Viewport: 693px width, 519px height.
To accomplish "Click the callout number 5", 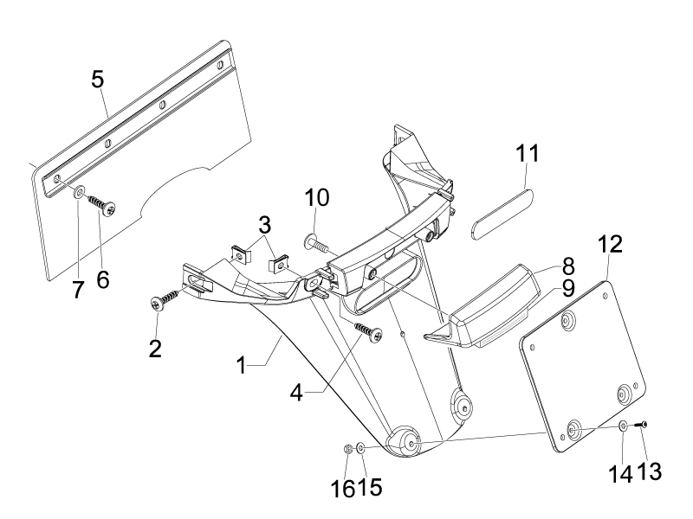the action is click(98, 80).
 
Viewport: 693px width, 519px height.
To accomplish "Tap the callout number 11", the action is click(528, 154).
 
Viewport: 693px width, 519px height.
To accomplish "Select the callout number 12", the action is click(611, 244).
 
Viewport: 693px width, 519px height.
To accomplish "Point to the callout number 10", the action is click(317, 198).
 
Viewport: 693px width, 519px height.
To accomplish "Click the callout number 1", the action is click(242, 366).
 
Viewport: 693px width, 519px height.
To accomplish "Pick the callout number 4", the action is click(297, 393).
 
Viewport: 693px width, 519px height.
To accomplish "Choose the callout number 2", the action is click(155, 349).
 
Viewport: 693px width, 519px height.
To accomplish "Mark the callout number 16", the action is click(343, 488).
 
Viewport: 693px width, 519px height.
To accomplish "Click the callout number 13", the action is click(649, 471).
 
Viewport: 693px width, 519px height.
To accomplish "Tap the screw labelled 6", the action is click(103, 204).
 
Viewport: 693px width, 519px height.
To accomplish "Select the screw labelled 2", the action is click(165, 299).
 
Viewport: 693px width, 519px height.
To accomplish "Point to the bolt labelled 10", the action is click(316, 244).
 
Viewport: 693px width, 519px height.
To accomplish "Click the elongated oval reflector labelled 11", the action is click(503, 214).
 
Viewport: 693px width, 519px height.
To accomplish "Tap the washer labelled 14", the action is click(623, 426).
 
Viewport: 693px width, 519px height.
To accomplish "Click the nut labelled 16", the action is click(347, 449).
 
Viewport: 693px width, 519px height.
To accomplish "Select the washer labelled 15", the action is click(360, 449).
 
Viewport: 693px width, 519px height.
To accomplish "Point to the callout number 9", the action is click(567, 289).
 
